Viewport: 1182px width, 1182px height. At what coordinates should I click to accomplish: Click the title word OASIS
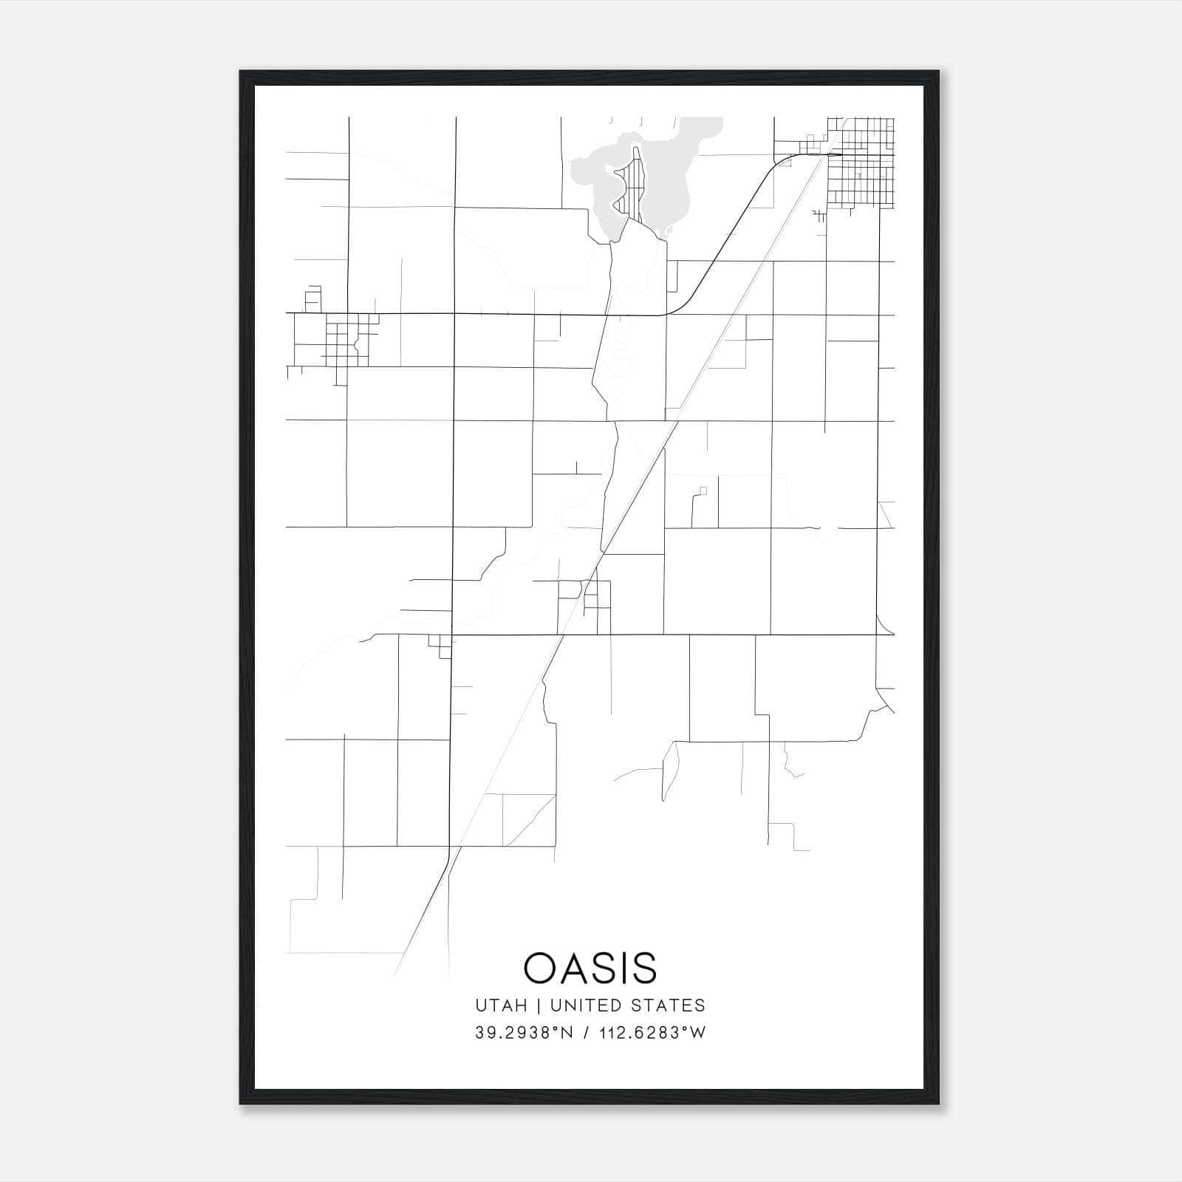(x=590, y=968)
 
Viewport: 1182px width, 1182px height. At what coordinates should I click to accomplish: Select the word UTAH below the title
(x=501, y=1005)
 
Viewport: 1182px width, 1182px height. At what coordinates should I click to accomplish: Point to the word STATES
(x=669, y=1005)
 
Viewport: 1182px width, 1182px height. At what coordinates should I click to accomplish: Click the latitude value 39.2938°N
(x=524, y=1033)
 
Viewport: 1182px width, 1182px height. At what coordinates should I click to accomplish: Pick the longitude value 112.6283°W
(x=652, y=1033)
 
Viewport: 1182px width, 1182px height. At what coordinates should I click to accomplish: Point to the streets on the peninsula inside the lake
(x=634, y=185)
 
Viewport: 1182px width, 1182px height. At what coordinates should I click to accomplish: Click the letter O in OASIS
(x=538, y=968)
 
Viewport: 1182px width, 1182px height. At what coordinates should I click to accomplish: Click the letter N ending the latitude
(x=568, y=1033)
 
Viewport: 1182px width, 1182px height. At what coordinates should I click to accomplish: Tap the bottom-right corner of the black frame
(x=938, y=1104)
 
